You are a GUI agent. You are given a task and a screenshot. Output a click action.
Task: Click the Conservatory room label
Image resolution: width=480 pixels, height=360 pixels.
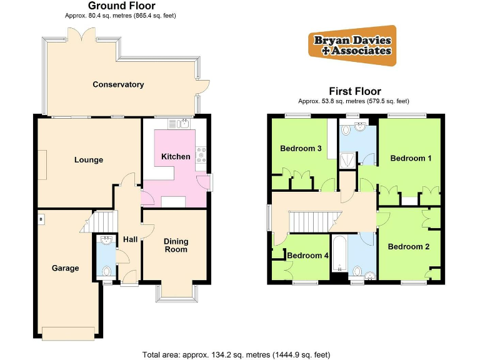pos(118,84)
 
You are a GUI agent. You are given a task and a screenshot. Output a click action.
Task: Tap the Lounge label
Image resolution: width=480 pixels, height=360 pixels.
pos(89,160)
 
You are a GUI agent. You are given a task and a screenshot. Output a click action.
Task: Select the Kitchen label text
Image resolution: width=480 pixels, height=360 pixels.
pos(176,156)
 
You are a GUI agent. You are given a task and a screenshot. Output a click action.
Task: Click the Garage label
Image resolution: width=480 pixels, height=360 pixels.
pos(65,268)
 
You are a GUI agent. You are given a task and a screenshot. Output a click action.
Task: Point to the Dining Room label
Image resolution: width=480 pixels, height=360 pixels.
pos(176,246)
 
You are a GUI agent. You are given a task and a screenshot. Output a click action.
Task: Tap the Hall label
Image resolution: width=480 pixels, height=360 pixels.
pos(130,239)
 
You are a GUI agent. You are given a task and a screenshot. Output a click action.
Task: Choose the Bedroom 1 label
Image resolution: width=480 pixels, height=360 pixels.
pos(411,158)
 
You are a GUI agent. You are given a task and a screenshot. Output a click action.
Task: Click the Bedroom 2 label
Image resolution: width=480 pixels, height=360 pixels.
pos(409,246)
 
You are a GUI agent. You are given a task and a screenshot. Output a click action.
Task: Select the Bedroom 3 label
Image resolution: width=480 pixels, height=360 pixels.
pos(301,148)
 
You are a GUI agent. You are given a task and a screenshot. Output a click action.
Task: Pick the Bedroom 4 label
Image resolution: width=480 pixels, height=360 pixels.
pos(307,255)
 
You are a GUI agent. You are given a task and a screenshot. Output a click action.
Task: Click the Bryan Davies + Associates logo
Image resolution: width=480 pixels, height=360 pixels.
pos(352,46)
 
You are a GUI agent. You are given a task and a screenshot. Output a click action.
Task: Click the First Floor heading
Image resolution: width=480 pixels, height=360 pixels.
pos(355,91)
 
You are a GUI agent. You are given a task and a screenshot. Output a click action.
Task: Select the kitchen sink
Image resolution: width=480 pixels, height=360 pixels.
pos(183,124)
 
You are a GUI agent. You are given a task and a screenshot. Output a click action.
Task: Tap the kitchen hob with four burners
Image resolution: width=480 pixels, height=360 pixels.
pos(201,154)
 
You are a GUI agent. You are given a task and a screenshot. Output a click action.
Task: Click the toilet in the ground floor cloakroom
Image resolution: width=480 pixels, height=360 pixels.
pos(107,271)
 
